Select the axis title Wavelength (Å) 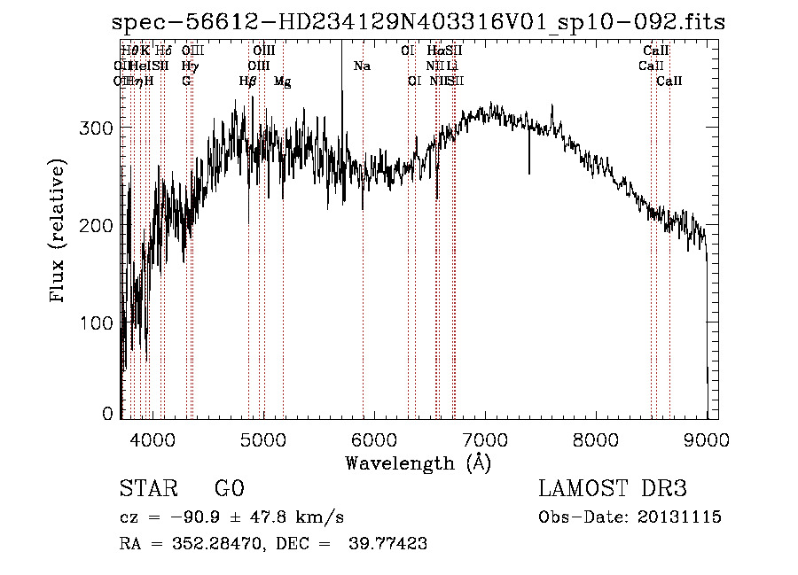pos(418,462)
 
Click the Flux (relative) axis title pos(59,232)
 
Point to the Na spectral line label pos(362,66)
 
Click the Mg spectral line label pos(283,82)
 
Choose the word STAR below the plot pos(147,489)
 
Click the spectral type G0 pos(229,489)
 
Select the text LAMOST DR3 pos(613,489)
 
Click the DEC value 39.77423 pos(390,544)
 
